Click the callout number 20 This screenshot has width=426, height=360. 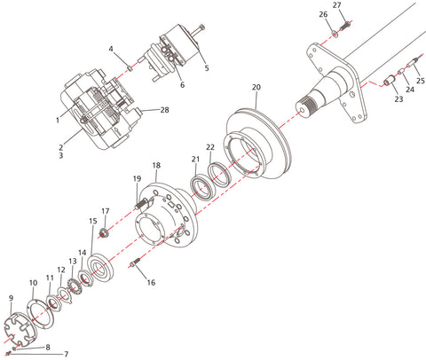pyautogui.click(x=256, y=88)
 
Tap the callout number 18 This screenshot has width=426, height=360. pyautogui.click(x=156, y=166)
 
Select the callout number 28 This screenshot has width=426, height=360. pyautogui.click(x=164, y=110)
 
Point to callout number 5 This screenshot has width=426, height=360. pyautogui.click(x=206, y=67)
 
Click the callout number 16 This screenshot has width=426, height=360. pyautogui.click(x=151, y=283)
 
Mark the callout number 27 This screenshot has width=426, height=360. pyautogui.click(x=335, y=5)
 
